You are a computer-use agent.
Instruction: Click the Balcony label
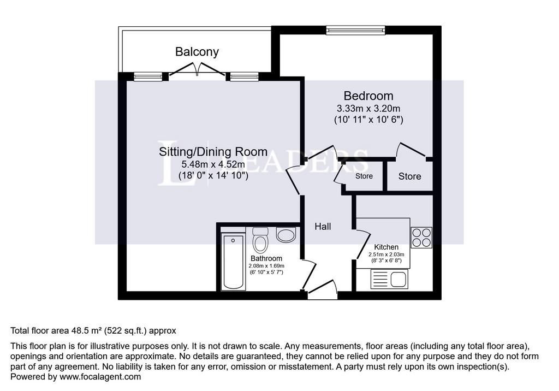pyautogui.click(x=197, y=52)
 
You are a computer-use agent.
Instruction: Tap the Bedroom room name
pyautogui.click(x=368, y=96)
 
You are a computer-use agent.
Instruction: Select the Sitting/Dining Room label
pyautogui.click(x=213, y=152)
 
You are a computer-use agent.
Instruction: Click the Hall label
pyautogui.click(x=323, y=227)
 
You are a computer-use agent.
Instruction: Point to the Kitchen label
pyautogui.click(x=386, y=247)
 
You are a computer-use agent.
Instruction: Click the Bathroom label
pyautogui.click(x=266, y=258)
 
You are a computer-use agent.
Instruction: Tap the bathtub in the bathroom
pyautogui.click(x=233, y=262)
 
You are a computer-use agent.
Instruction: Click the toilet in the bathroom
pyautogui.click(x=260, y=239)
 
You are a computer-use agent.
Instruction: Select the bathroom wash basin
pyautogui.click(x=286, y=235)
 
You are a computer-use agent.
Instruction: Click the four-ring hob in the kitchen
pyautogui.click(x=421, y=238)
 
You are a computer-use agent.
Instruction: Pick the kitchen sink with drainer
pyautogui.click(x=389, y=279)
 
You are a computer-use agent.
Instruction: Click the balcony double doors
pyautogui.click(x=197, y=69)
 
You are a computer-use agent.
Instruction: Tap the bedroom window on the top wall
pyautogui.click(x=356, y=30)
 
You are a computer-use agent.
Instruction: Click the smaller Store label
pyautogui.click(x=364, y=176)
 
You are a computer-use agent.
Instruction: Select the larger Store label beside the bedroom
pyautogui.click(x=409, y=176)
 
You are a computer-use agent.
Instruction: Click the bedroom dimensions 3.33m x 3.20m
pyautogui.click(x=368, y=108)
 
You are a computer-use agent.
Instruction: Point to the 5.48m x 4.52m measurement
pyautogui.click(x=213, y=164)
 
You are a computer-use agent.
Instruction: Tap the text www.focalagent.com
pyautogui.click(x=100, y=377)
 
